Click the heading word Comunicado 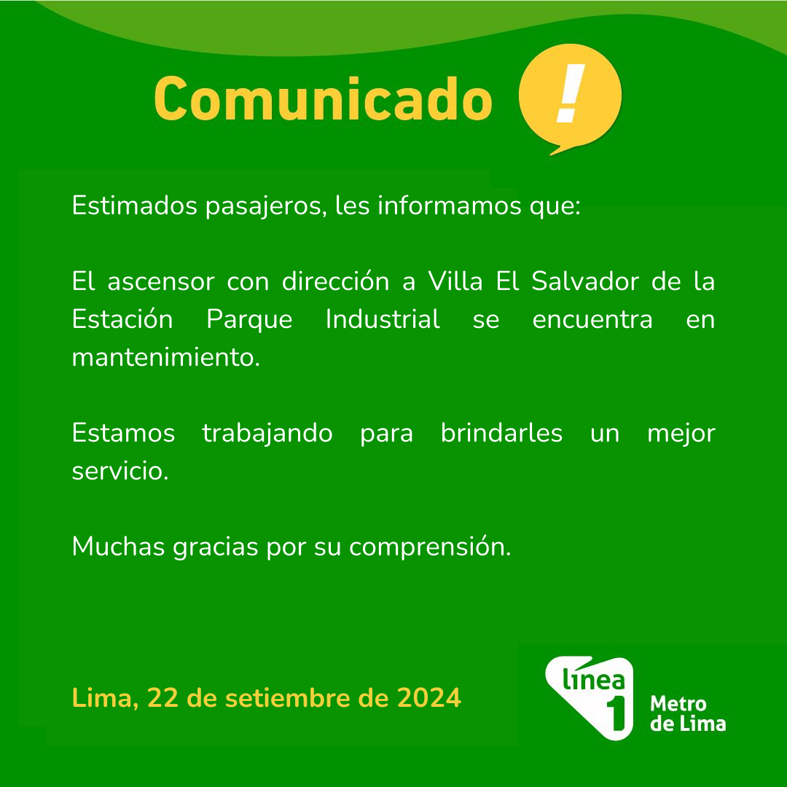(323, 98)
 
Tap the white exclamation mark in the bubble (571, 93)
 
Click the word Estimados (135, 205)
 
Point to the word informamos (449, 205)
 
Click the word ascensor (160, 281)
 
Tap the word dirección (335, 281)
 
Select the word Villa (455, 281)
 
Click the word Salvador (584, 281)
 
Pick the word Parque (249, 320)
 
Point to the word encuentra (592, 320)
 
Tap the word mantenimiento (165, 357)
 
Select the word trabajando (267, 433)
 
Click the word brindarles (501, 432)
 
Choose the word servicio (120, 470)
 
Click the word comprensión (430, 547)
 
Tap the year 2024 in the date (428, 697)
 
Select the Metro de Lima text (688, 713)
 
